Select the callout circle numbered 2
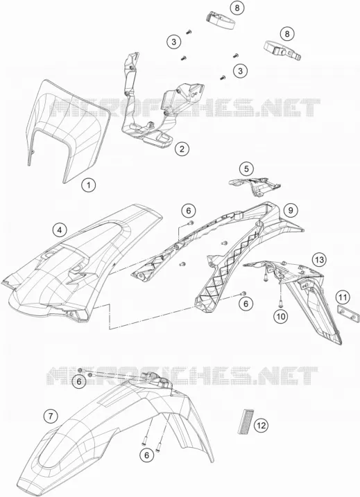point(182,148)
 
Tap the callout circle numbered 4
point(60,230)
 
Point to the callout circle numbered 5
point(247,169)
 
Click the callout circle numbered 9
point(291,210)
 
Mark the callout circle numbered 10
point(282,315)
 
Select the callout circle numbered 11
point(342,297)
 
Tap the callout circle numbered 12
point(261,426)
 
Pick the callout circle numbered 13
point(319,260)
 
